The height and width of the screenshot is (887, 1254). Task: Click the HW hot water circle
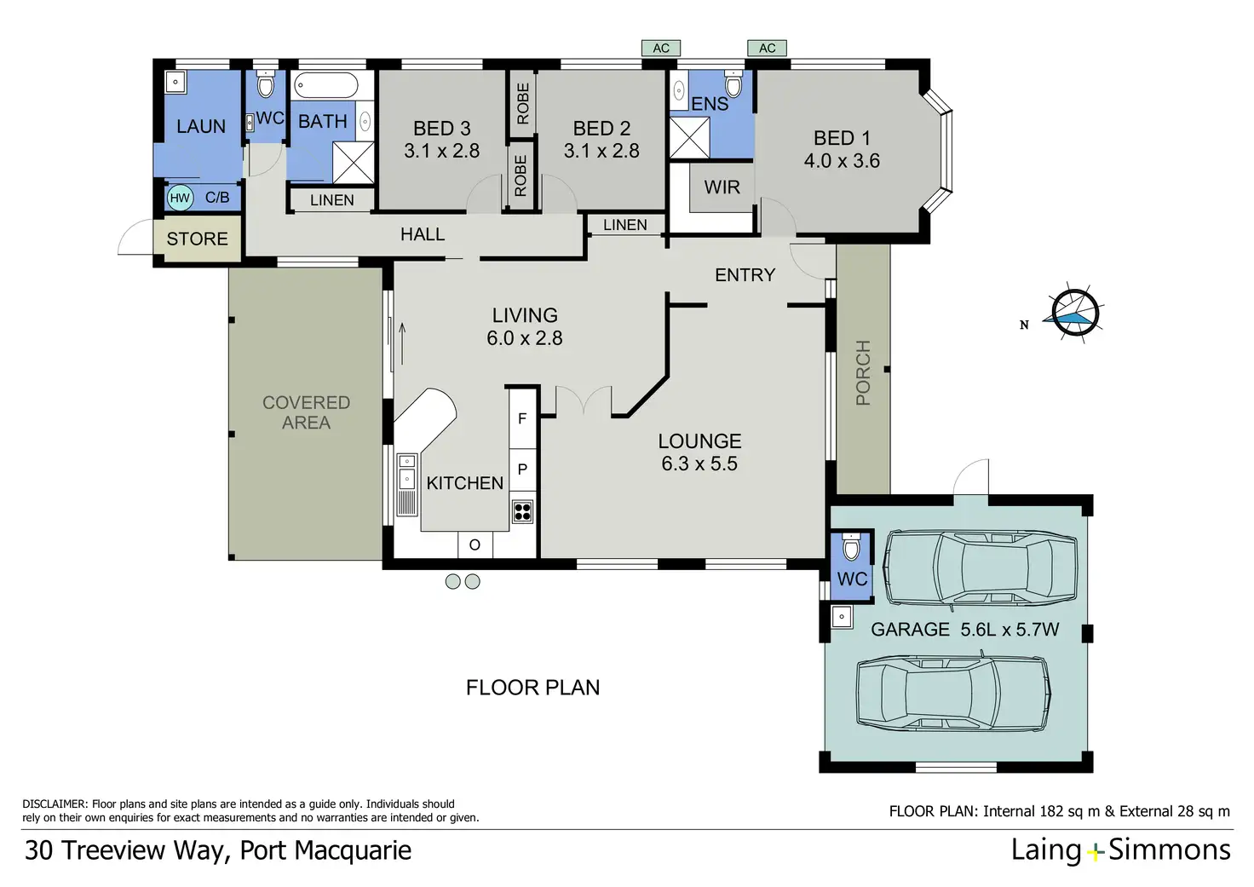180,198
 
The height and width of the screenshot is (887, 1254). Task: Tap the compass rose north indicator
1074,314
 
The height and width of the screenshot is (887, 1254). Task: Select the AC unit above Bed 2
661,49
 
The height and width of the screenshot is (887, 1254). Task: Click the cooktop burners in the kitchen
522,512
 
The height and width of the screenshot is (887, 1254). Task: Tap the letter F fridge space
522,418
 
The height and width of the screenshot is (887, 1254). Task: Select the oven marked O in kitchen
475,544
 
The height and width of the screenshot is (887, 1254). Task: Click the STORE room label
197,239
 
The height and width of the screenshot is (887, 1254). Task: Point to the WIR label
722,187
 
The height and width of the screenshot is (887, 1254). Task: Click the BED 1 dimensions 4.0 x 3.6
842,161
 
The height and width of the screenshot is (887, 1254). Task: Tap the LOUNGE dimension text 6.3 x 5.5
699,464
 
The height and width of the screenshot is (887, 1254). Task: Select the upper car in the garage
981,568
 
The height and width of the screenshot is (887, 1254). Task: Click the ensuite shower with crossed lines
690,138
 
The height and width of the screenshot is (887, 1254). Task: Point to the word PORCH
863,372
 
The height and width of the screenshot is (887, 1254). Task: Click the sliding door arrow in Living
402,343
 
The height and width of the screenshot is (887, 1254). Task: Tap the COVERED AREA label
306,412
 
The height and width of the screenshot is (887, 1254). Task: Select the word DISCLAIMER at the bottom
55,804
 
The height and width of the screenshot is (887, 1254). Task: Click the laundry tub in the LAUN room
175,83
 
